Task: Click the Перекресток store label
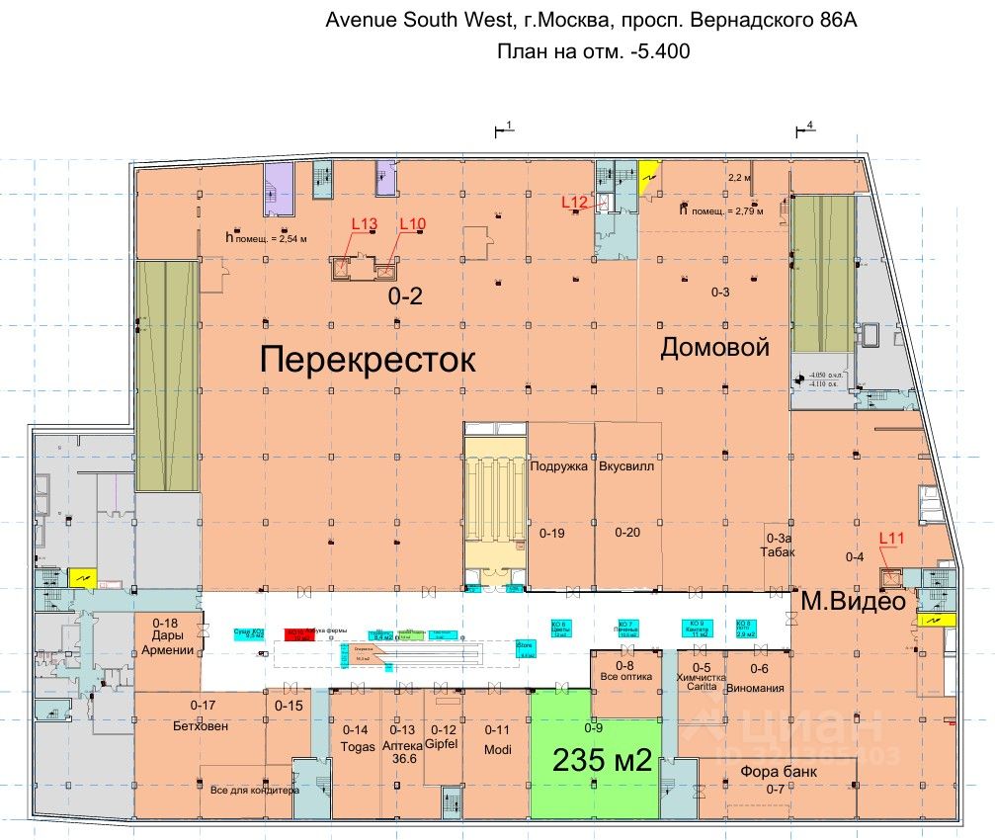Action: [368, 360]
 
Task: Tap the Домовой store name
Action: [714, 348]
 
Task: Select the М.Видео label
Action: [853, 600]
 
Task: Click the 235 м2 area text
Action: [601, 761]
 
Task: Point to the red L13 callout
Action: [365, 224]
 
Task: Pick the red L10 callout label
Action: [412, 224]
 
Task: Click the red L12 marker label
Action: [575, 203]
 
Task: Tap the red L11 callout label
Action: [892, 538]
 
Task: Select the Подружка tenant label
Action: [559, 466]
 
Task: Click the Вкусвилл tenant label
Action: [626, 466]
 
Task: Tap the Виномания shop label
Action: [755, 687]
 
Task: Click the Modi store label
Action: [497, 749]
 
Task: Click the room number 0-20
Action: [627, 533]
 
